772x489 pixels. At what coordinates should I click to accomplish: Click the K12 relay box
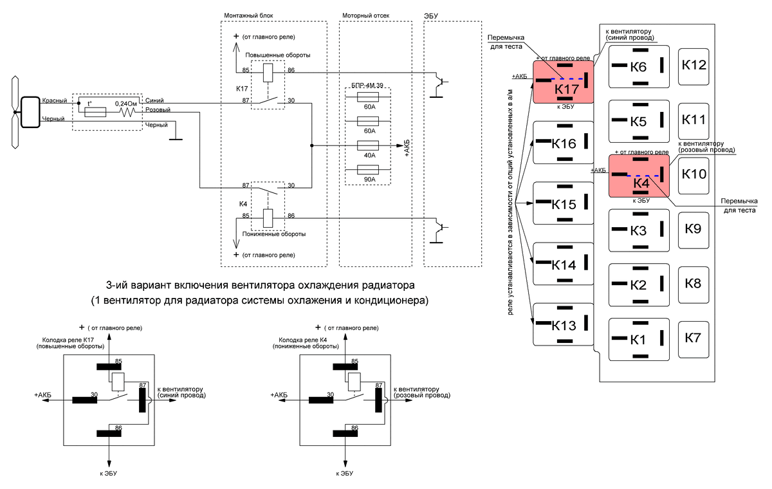tap(694, 65)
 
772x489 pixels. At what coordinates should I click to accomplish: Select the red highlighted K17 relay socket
tap(563, 82)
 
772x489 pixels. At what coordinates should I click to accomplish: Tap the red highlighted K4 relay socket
tap(639, 175)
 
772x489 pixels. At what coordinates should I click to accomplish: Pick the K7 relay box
tap(693, 338)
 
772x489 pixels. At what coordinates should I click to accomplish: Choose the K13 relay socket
tap(563, 324)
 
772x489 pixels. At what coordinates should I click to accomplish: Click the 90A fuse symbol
tap(370, 171)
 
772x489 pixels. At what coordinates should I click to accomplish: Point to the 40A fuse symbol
tap(370, 146)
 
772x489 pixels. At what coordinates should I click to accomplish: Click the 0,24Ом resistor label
tap(126, 103)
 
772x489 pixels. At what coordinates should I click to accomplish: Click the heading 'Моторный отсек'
tap(365, 15)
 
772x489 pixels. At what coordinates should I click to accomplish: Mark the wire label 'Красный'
tap(55, 101)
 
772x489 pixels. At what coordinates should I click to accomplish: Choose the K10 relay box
tap(694, 174)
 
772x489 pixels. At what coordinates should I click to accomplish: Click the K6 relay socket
tap(639, 66)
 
